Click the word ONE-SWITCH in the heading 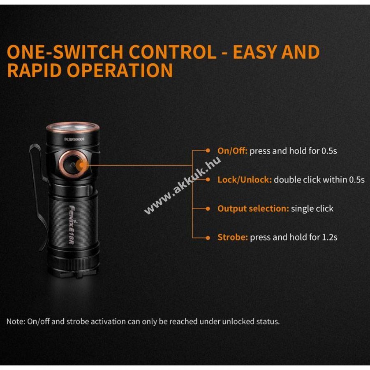[x=65, y=52]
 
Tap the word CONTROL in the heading [x=173, y=52]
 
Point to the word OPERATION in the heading [x=120, y=70]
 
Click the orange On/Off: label [x=232, y=151]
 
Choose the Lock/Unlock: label [x=245, y=180]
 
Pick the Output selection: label [x=253, y=208]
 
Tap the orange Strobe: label [x=233, y=237]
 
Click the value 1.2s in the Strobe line [x=330, y=237]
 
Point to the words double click [x=297, y=180]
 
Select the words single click [x=312, y=208]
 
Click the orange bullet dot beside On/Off [x=208, y=150]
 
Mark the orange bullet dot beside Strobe [x=208, y=238]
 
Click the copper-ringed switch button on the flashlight [x=73, y=164]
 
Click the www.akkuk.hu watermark [x=183, y=185]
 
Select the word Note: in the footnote [x=16, y=321]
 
